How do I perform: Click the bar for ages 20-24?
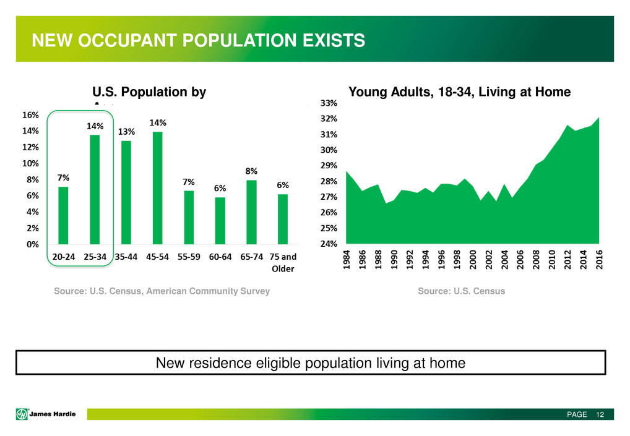pyautogui.click(x=63, y=215)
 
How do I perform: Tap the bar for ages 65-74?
pyautogui.click(x=251, y=212)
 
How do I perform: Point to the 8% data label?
pyautogui.click(x=251, y=171)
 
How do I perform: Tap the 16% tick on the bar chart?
pyautogui.click(x=32, y=115)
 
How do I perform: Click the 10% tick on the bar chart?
pyautogui.click(x=32, y=163)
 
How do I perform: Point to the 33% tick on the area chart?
pyautogui.click(x=328, y=103)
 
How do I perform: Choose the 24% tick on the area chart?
pyautogui.click(x=328, y=244)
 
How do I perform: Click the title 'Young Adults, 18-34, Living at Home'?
pyautogui.click(x=460, y=93)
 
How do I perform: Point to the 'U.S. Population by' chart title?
pyautogui.click(x=149, y=93)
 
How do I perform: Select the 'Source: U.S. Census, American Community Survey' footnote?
pyautogui.click(x=162, y=291)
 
